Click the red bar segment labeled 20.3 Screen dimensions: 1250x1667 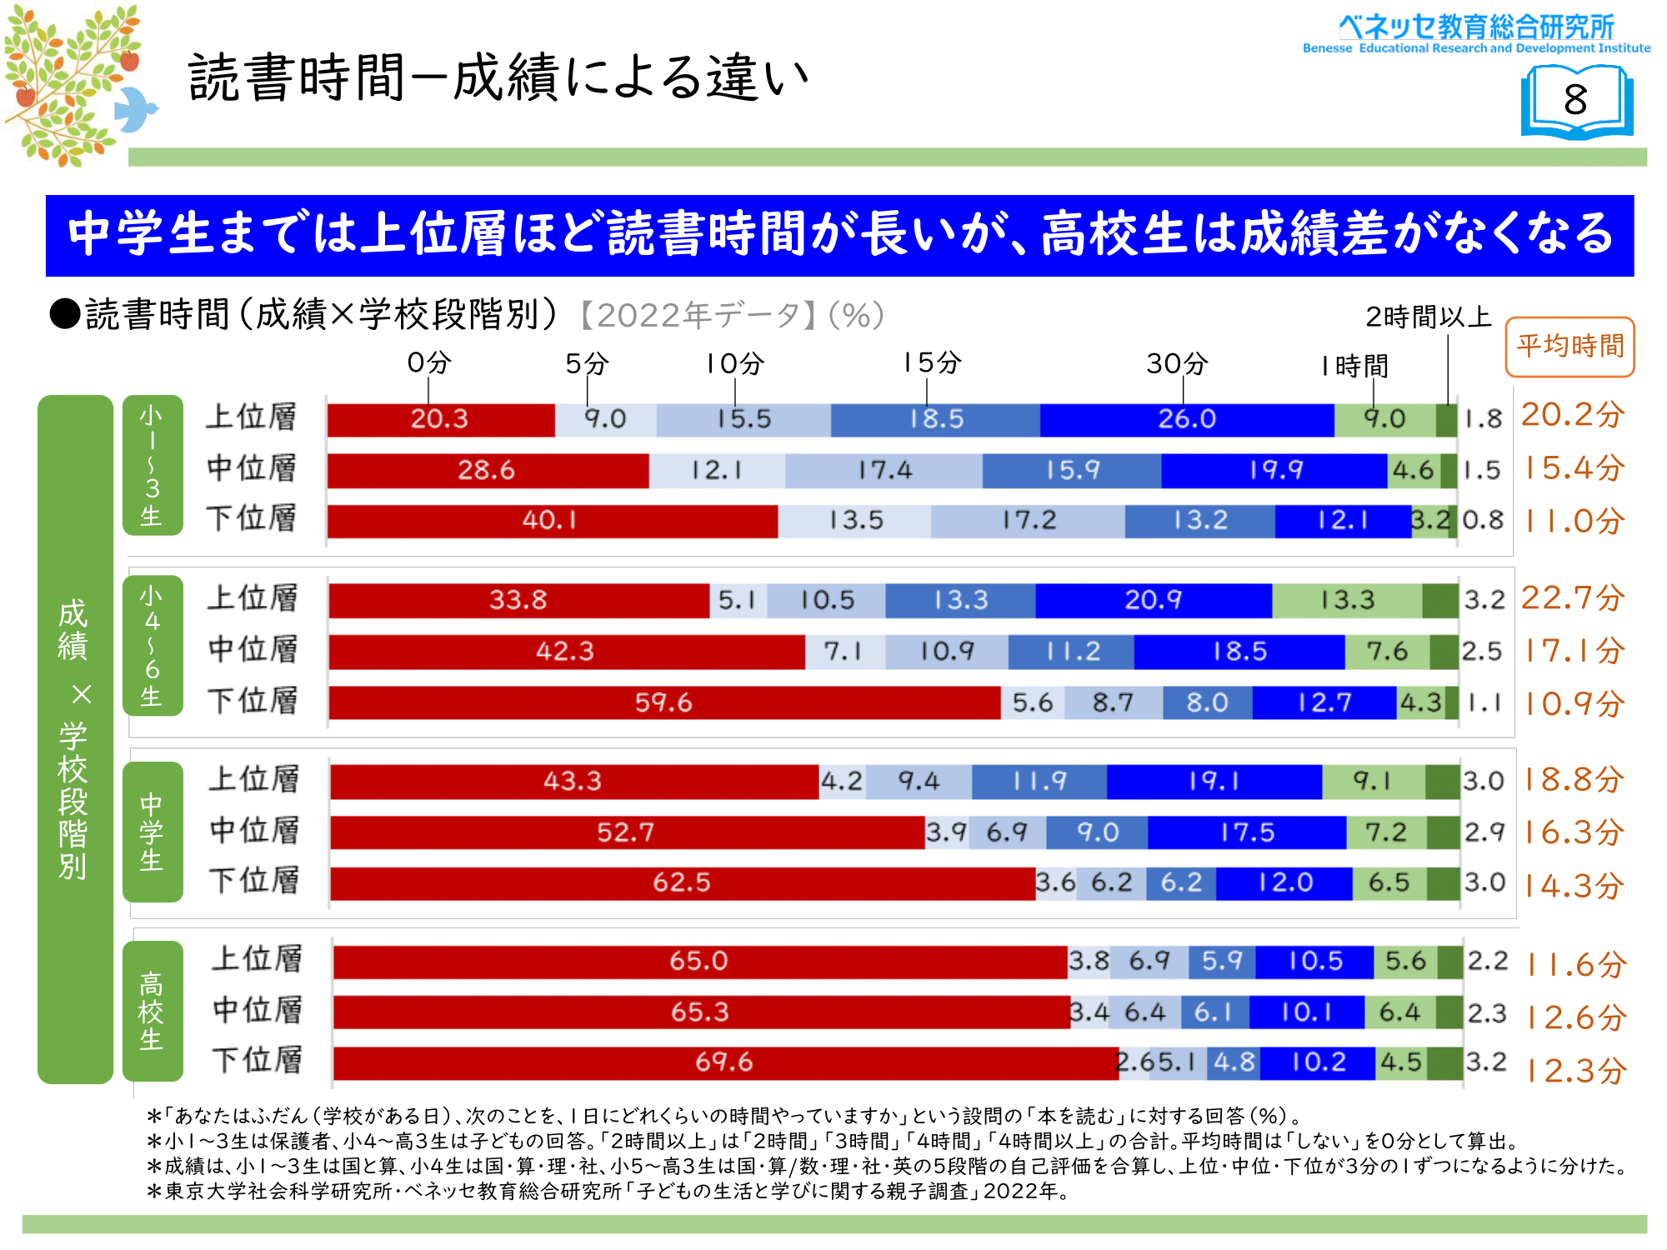(440, 419)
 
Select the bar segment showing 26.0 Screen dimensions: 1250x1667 (1186, 419)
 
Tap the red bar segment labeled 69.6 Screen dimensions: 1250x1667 (724, 1062)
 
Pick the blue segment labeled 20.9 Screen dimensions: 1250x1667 (1153, 600)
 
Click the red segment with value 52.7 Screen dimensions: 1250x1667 (626, 832)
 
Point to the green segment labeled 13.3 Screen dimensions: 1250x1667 (1347, 600)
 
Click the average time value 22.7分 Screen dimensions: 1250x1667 (1573, 598)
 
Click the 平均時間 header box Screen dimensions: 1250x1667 (1569, 346)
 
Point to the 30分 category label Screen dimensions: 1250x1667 (1177, 363)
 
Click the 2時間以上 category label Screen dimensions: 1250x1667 (1428, 317)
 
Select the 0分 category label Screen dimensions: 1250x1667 (429, 362)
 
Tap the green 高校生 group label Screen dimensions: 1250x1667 (152, 1011)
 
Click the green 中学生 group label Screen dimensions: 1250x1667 (152, 831)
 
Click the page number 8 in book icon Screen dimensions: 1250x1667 (1575, 101)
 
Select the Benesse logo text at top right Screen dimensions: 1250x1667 (1476, 33)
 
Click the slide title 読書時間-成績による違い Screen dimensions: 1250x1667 (498, 77)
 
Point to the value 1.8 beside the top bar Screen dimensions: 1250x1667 (1483, 419)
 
